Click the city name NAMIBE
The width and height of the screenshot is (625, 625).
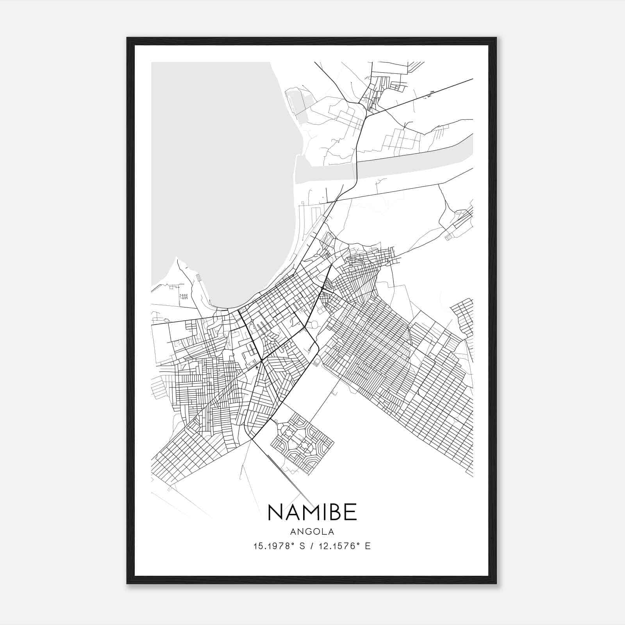coord(312,512)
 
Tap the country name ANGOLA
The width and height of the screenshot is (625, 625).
coord(312,532)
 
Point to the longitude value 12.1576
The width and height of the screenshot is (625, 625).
coord(338,546)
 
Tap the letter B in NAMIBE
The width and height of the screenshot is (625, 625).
coord(335,512)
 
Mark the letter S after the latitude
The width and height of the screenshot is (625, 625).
coord(302,546)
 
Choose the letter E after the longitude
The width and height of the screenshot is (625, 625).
coord(368,546)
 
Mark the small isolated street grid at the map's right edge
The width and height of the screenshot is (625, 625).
coord(463,316)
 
